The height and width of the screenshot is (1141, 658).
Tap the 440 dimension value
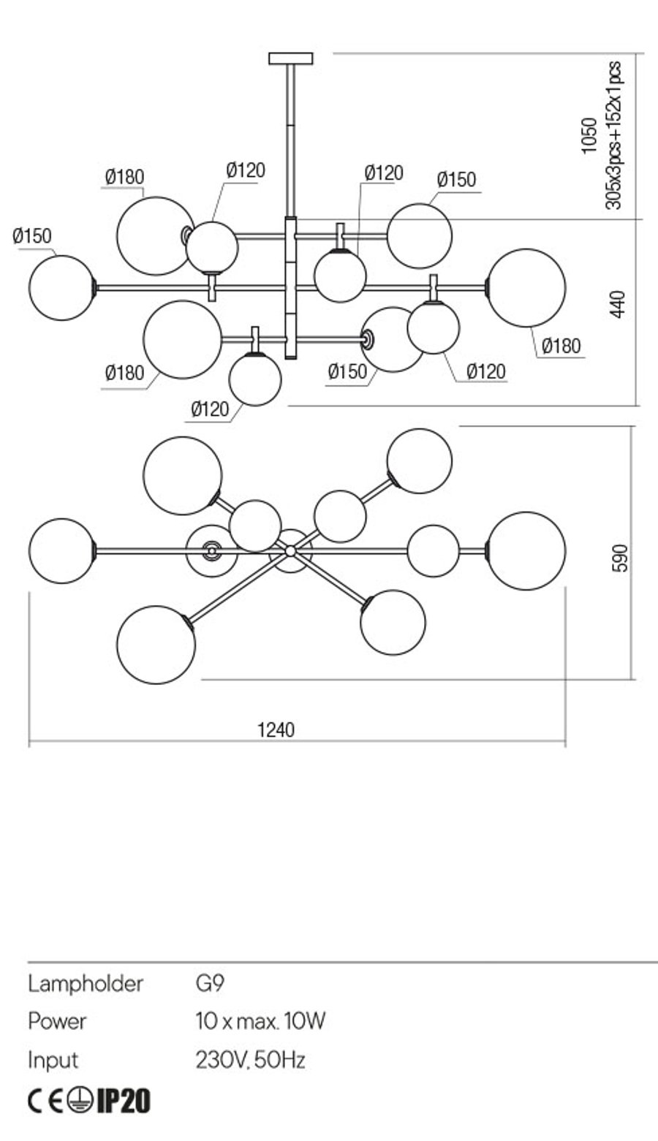[617, 304]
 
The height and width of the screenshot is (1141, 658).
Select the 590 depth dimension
[619, 558]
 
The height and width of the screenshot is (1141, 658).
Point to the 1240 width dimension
[276, 730]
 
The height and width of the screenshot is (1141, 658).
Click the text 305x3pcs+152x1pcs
[613, 135]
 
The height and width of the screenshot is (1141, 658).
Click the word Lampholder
[85, 984]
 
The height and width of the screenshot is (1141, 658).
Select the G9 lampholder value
[210, 984]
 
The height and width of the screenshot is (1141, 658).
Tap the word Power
[57, 1021]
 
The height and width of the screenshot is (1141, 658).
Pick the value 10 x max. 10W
[260, 1021]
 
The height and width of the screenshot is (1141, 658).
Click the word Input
[53, 1060]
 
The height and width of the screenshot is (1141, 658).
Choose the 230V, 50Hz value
[250, 1061]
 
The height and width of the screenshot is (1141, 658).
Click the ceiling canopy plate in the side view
[290, 58]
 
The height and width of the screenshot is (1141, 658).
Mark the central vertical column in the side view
[290, 288]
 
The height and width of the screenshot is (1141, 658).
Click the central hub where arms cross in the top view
[290, 550]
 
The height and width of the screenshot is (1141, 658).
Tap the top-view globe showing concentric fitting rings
[211, 550]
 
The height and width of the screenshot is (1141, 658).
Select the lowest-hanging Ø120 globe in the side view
[255, 379]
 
